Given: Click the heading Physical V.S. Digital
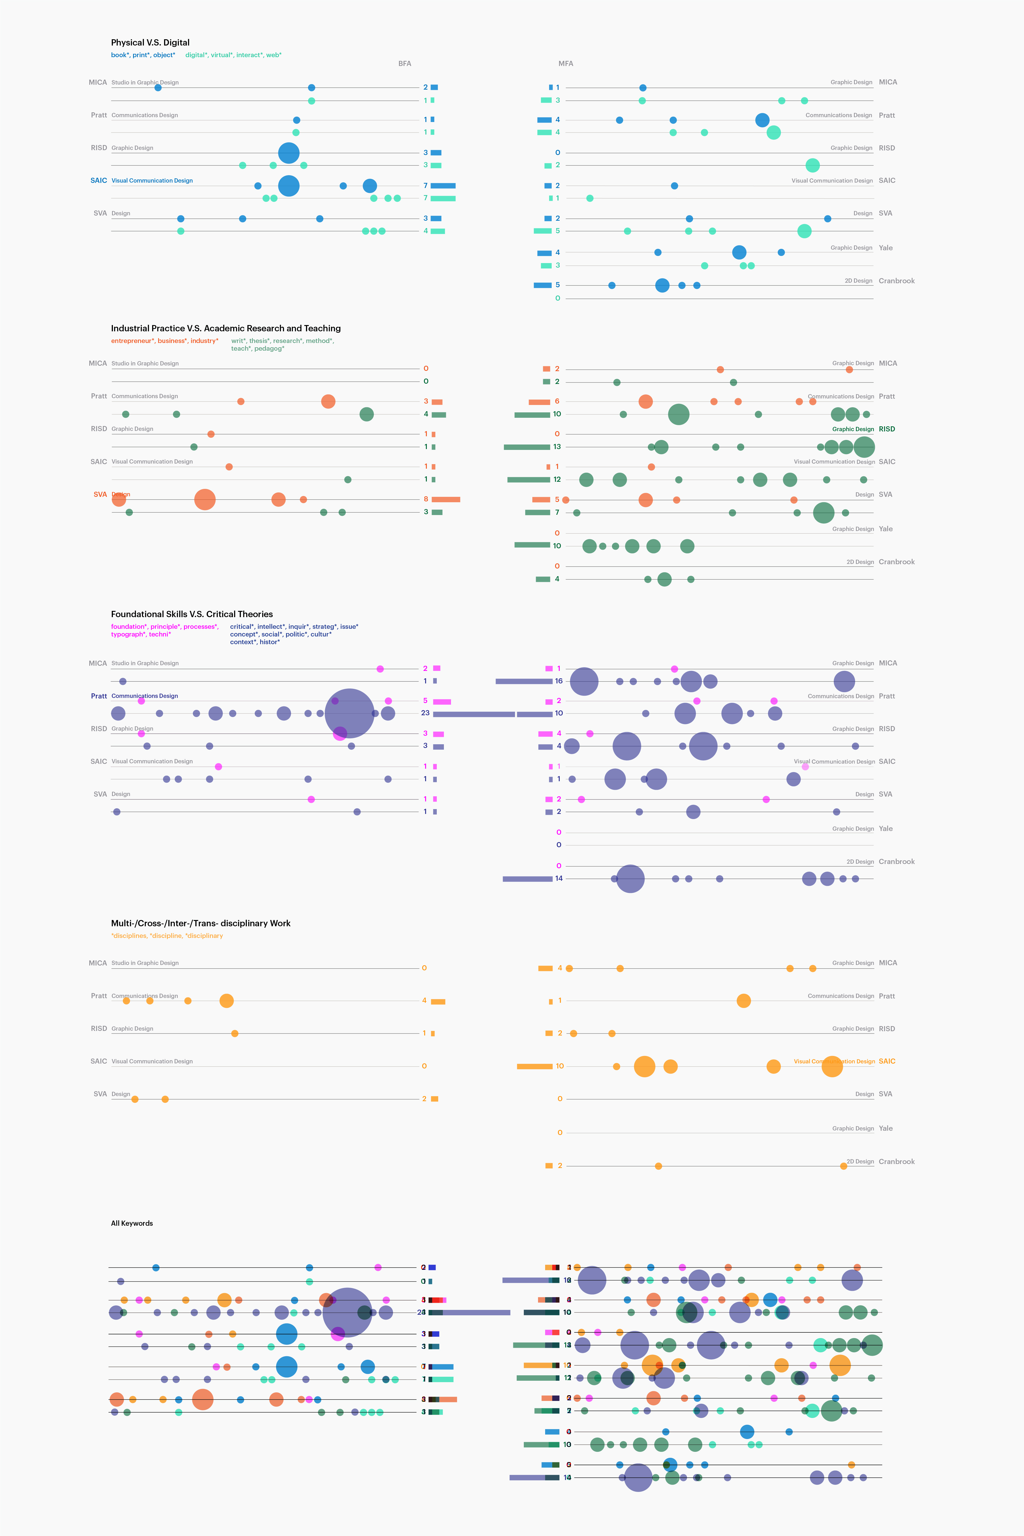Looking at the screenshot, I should [x=150, y=42].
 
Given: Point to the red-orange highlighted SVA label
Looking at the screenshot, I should [x=100, y=494].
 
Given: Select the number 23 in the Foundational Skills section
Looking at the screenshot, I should [x=425, y=713].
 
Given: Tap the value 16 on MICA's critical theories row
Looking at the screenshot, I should [x=558, y=681].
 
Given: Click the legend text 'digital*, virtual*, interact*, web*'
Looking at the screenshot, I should [x=233, y=55].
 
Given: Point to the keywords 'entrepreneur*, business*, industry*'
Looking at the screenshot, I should [x=165, y=341].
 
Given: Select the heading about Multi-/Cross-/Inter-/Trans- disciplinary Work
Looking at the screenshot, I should [x=200, y=923].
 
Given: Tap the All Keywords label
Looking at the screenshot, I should [x=132, y=1223].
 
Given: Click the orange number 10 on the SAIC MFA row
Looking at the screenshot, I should [x=560, y=1066].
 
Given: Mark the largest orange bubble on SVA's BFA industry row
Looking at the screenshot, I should [x=204, y=500].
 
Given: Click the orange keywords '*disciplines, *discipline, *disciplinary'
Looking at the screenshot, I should [x=167, y=936].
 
